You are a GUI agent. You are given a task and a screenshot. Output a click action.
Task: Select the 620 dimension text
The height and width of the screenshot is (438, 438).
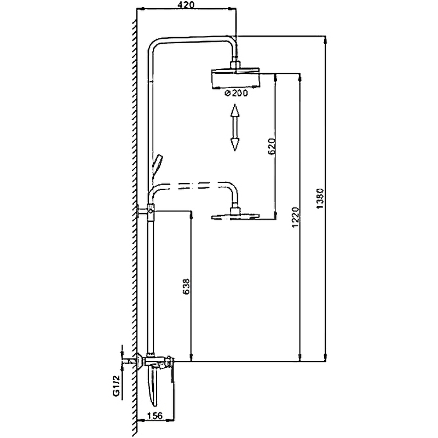tap(270, 147)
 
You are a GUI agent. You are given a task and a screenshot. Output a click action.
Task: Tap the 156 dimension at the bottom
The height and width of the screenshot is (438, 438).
tap(157, 417)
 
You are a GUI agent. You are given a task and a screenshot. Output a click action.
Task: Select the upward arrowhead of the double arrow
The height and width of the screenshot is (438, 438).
tap(235, 111)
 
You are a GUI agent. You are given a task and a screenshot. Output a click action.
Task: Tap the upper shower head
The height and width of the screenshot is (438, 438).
tap(235, 78)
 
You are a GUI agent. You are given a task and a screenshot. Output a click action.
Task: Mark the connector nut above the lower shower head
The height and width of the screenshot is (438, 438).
tap(236, 210)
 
